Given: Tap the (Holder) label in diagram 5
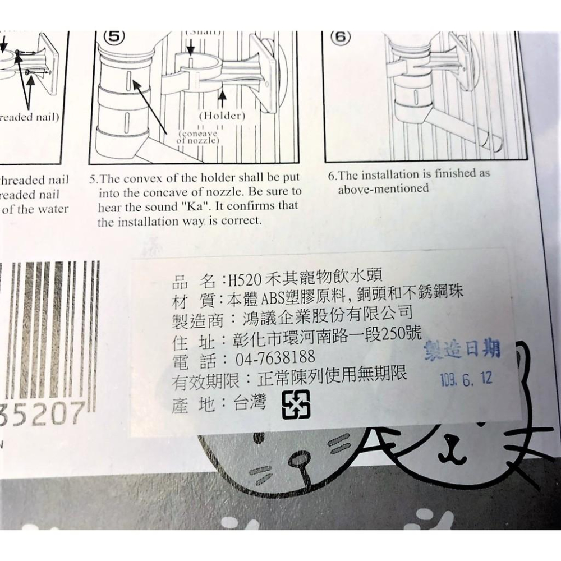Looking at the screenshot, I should [x=222, y=116].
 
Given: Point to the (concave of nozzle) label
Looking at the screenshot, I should [x=196, y=138].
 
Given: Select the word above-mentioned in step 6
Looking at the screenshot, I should [x=383, y=188].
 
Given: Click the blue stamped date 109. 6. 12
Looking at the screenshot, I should [x=466, y=379].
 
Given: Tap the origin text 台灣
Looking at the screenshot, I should [x=249, y=403].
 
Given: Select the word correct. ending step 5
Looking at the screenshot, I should [x=240, y=221].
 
